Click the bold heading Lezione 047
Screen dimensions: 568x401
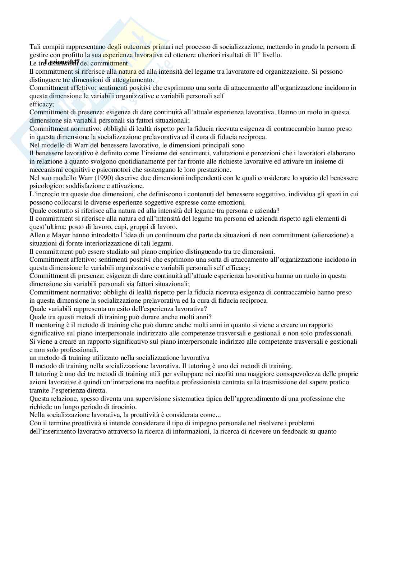62,62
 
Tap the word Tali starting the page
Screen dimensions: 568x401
35,47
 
